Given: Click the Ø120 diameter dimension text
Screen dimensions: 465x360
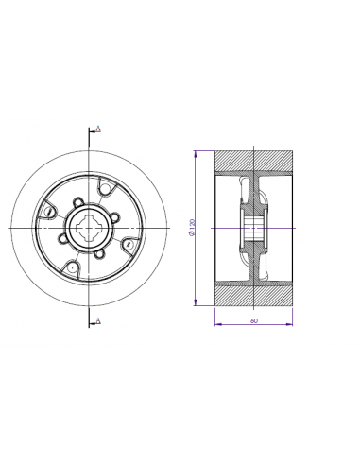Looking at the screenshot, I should click(193, 228).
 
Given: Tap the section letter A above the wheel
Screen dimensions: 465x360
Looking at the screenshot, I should click(98, 128).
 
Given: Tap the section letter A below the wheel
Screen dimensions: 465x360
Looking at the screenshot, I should click(98, 321).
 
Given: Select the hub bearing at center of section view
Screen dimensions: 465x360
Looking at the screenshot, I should click(254, 228).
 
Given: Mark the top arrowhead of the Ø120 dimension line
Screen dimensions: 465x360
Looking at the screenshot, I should click(195, 152).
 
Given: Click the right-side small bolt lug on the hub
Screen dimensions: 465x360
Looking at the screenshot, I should click(114, 215).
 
